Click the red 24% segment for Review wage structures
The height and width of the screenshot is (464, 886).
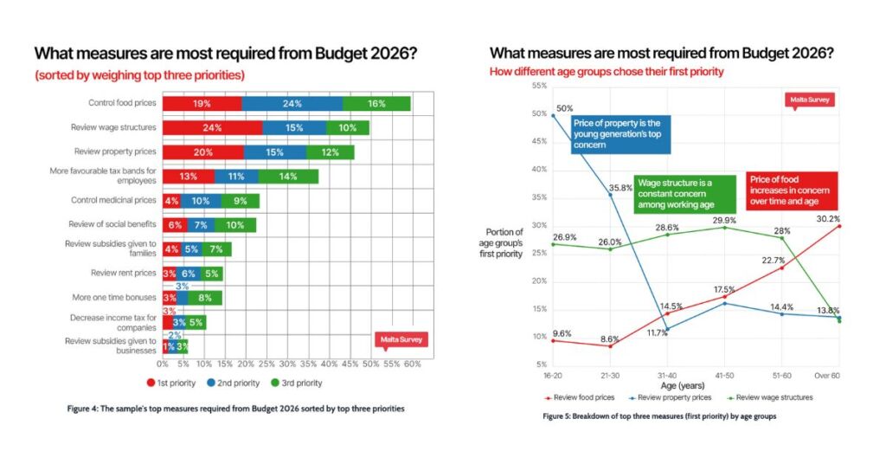[x=212, y=128]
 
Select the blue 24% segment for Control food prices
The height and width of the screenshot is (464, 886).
[x=292, y=104]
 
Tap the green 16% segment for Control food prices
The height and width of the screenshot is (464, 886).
[x=376, y=104]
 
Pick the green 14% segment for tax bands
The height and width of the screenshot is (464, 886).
[x=289, y=177]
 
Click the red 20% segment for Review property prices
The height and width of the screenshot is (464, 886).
[x=203, y=152]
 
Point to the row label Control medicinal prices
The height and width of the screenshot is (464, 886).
[x=113, y=200]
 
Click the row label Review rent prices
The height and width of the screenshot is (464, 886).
[x=124, y=273]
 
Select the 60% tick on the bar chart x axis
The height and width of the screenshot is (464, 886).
[x=412, y=364]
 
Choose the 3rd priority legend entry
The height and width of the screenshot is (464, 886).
[x=297, y=383]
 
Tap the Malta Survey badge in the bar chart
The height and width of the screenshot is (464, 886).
[x=401, y=340]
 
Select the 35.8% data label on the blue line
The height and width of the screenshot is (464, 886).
[x=616, y=187]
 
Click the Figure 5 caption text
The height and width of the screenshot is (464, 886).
[x=660, y=416]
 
